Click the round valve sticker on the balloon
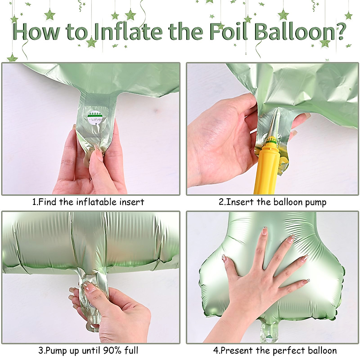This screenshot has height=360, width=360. pos(95,118)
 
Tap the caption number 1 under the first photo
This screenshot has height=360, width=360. pos(34,202)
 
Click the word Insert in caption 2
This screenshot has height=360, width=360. pos(240,202)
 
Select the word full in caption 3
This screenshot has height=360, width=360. pos(131,350)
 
